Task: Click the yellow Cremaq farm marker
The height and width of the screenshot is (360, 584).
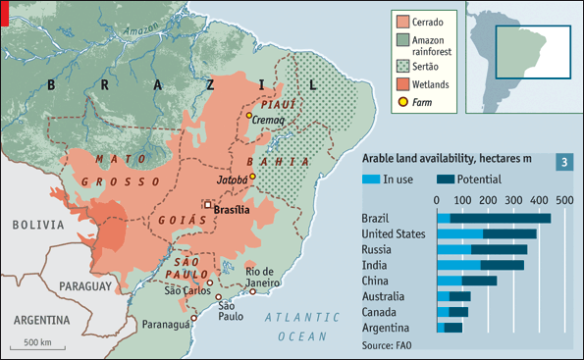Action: [x=249, y=117]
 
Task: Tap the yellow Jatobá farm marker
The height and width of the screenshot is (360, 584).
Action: [x=252, y=177]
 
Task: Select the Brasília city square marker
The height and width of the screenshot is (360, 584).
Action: [x=208, y=204]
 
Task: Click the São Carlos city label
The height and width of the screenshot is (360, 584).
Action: [x=187, y=289]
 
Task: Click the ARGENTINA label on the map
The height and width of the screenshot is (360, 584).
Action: [x=41, y=320]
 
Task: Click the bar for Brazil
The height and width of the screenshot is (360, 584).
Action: [x=494, y=218]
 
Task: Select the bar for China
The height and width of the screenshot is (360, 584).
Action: [x=466, y=281]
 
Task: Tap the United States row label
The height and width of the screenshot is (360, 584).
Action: [x=393, y=233]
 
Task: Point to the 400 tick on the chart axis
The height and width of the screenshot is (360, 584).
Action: [x=538, y=199]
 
